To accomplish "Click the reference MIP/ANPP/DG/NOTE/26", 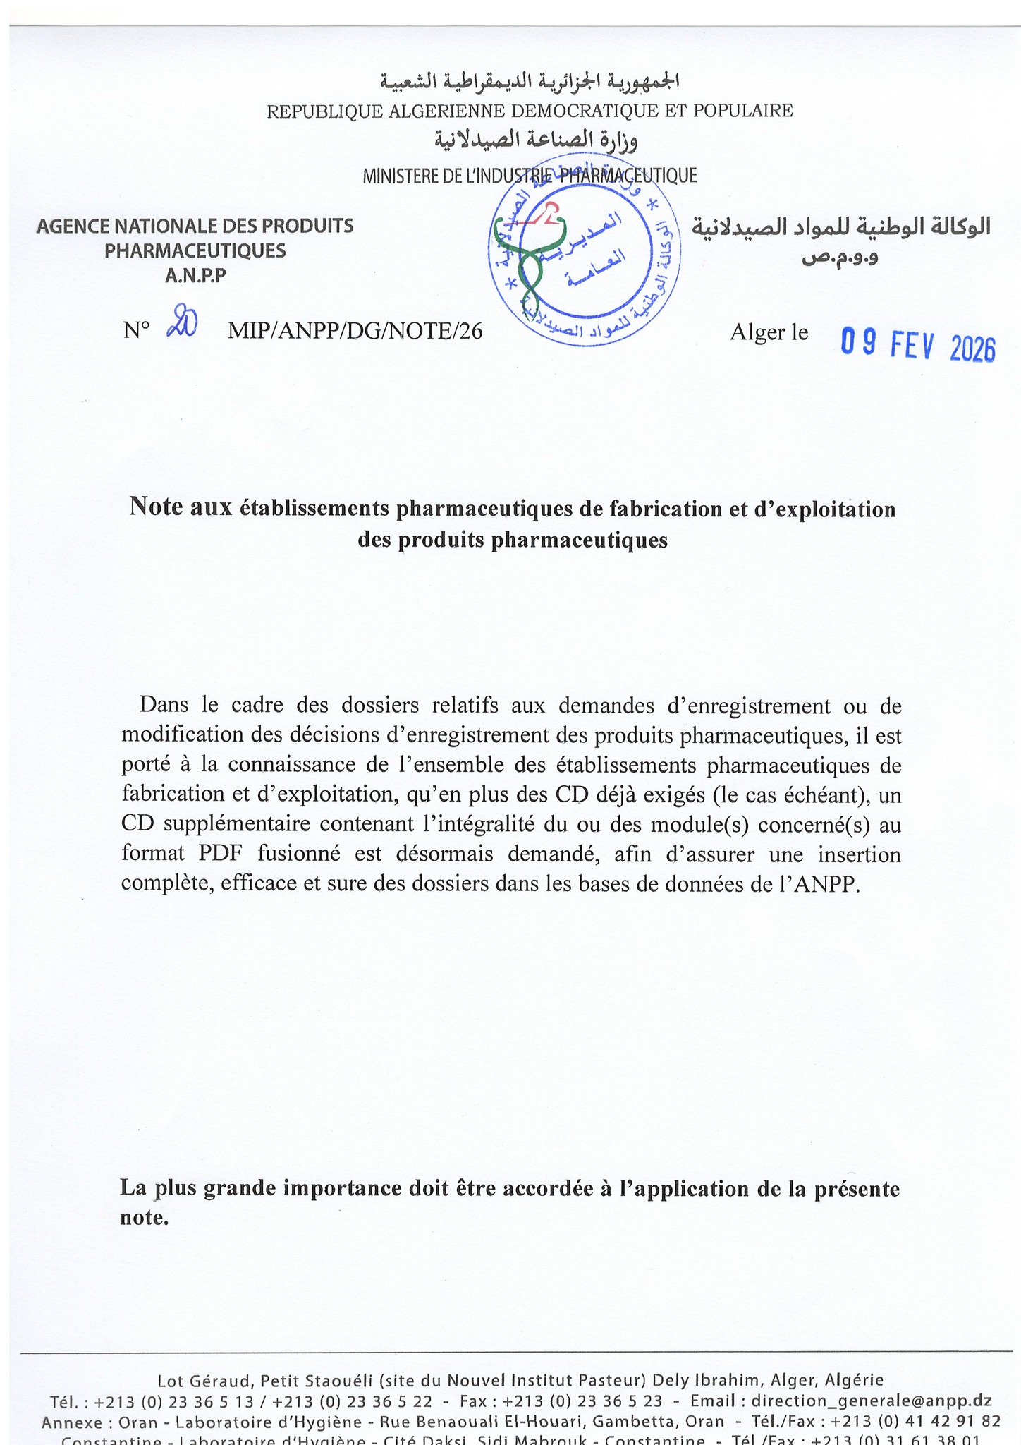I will pyautogui.click(x=355, y=331).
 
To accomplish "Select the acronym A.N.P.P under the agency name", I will pyautogui.click(x=195, y=277).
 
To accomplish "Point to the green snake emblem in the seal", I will pyautogui.click(x=532, y=265).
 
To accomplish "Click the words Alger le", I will pyautogui.click(x=769, y=332).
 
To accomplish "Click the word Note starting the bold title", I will pyautogui.click(x=156, y=508).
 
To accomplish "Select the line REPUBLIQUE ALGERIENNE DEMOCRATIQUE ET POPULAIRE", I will pyautogui.click(x=530, y=111).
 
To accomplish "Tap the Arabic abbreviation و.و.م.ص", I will pyautogui.click(x=840, y=258).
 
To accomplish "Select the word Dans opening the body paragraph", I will pyautogui.click(x=164, y=705).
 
